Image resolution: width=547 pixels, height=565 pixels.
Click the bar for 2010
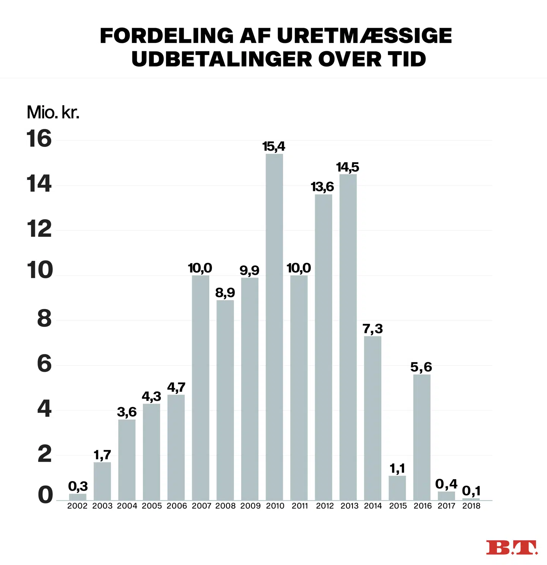click(274, 327)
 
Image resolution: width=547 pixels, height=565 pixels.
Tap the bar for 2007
click(201, 387)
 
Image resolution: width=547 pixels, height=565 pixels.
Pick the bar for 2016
click(422, 437)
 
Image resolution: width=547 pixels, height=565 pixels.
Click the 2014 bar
click(373, 418)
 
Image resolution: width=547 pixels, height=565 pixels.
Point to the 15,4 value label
click(273, 147)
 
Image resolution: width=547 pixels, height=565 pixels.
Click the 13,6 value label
click(322, 187)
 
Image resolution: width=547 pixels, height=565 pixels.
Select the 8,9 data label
click(225, 293)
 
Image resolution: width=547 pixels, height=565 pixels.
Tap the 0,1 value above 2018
click(471, 491)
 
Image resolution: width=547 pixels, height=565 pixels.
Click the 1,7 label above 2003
click(102, 455)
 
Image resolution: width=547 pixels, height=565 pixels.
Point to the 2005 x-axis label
click(152, 506)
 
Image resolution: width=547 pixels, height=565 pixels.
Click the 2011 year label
click(300, 506)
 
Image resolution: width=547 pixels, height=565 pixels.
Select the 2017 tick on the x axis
click(446, 506)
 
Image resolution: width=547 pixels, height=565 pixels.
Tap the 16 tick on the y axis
click(39, 139)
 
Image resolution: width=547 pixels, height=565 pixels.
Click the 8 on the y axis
click(44, 319)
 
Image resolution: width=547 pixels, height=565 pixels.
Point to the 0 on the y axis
click(45, 495)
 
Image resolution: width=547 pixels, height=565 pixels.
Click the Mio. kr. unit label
click(53, 112)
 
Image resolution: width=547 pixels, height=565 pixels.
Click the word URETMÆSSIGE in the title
click(364, 36)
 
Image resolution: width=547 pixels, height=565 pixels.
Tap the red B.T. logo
click(512, 548)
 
